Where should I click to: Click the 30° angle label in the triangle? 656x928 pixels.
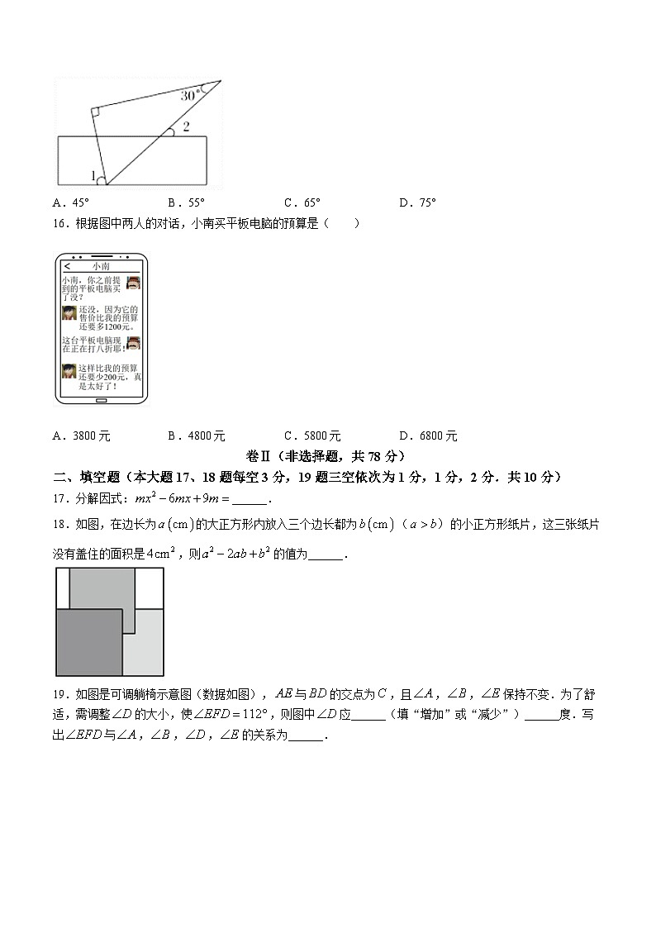pyautogui.click(x=191, y=95)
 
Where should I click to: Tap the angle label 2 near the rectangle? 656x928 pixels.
pyautogui.click(x=186, y=126)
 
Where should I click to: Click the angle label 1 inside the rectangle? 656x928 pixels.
pyautogui.click(x=93, y=176)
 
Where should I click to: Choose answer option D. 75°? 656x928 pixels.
pyautogui.click(x=417, y=202)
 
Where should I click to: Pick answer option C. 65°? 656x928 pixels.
pyautogui.click(x=302, y=202)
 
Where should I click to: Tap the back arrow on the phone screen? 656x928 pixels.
pyautogui.click(x=67, y=266)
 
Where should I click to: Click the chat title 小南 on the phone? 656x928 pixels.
pyautogui.click(x=101, y=266)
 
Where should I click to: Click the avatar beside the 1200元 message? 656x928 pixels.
pyautogui.click(x=69, y=315)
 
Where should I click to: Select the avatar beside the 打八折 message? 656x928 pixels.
pyautogui.click(x=133, y=343)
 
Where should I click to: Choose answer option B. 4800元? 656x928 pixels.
pyautogui.click(x=197, y=436)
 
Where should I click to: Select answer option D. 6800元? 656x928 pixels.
pyautogui.click(x=428, y=436)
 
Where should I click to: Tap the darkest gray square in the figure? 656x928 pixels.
pyautogui.click(x=88, y=642)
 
